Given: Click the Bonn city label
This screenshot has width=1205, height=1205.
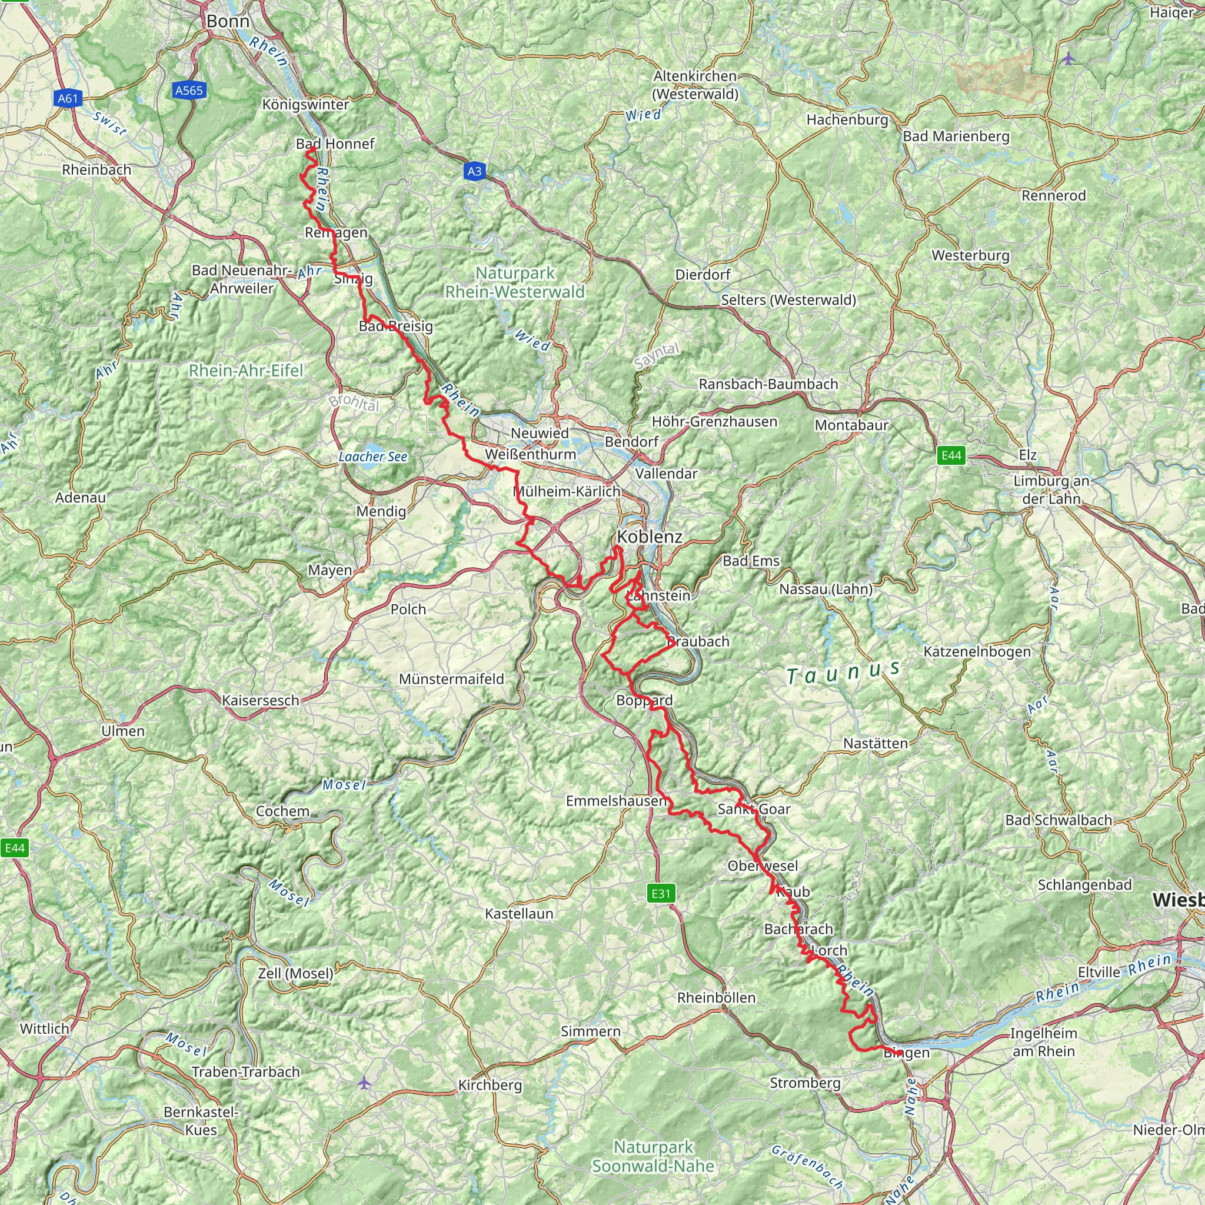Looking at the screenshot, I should [x=228, y=21].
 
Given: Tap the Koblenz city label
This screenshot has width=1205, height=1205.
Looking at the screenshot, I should [x=650, y=537].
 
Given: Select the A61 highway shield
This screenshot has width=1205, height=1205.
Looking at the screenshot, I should [x=68, y=98].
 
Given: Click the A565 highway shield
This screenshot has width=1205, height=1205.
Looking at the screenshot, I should [x=189, y=91].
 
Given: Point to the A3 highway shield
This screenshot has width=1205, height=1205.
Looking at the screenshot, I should [x=475, y=171].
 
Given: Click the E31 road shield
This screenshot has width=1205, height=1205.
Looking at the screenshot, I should [x=661, y=893].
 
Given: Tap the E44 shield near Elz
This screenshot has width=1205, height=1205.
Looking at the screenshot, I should [x=951, y=455].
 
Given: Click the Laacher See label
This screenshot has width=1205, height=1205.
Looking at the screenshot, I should [x=372, y=457].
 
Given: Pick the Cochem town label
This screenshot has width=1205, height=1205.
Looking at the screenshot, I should [x=282, y=811].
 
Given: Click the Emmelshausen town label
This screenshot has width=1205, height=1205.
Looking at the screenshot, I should [x=616, y=800].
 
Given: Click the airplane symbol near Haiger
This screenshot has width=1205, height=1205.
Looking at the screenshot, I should [x=1069, y=59].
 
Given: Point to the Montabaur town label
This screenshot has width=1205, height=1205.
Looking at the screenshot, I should [x=851, y=425].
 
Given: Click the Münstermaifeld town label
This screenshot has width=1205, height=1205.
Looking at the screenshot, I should [x=451, y=678].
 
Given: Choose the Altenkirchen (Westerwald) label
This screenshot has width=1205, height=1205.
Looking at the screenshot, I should [x=695, y=85].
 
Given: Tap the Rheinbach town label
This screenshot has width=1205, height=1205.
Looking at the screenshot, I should [x=96, y=169].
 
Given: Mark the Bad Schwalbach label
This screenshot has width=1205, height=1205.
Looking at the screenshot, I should [x=1058, y=820].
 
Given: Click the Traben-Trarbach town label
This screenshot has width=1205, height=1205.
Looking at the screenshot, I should [x=246, y=1071].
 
